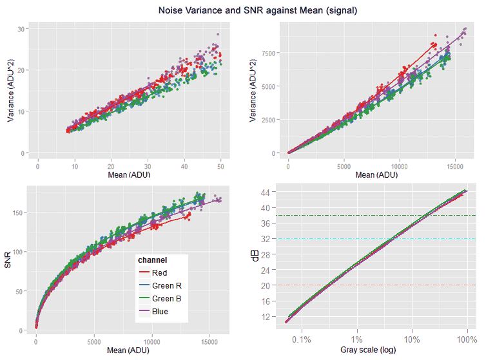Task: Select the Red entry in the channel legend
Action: click(x=159, y=273)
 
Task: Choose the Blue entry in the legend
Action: click(x=160, y=312)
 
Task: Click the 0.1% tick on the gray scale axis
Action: click(x=302, y=339)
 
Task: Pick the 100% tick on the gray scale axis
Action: click(x=467, y=339)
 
